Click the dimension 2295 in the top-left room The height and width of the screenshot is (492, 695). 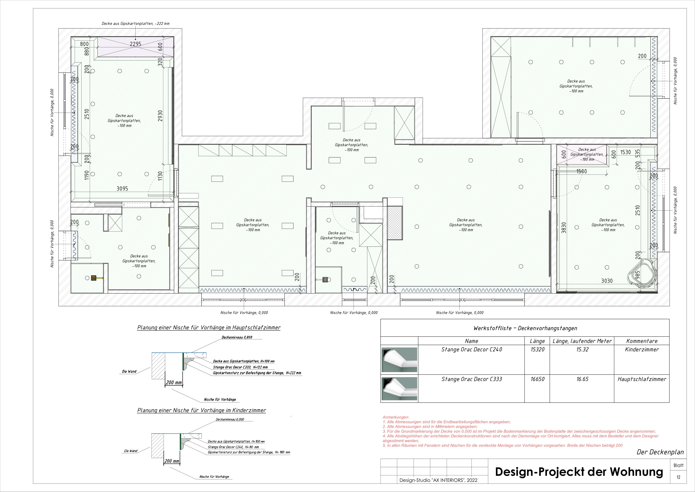coord(135,44)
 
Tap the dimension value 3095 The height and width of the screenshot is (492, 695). coord(122,189)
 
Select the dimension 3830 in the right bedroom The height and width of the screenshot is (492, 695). coord(564,227)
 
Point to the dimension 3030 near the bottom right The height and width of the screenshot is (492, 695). coord(607,281)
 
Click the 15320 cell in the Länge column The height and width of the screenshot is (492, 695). coord(537,350)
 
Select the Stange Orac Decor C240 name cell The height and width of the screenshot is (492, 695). coord(471,350)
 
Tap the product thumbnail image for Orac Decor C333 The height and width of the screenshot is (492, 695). coord(399,389)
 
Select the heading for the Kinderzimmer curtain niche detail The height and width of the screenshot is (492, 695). coord(202,410)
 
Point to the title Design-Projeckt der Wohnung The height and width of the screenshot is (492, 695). coord(579,472)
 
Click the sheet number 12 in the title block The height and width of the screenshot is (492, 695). coord(678,477)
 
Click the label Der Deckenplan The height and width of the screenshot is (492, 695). coord(660,452)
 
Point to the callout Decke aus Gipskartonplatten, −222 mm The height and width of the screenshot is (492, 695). coord(135,23)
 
